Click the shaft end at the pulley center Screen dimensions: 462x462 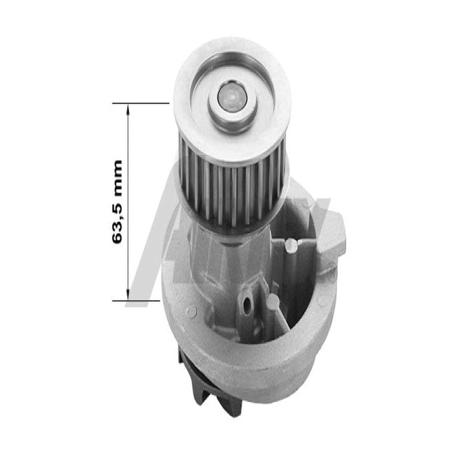(x=230, y=96)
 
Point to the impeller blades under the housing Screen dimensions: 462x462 (x=199, y=381)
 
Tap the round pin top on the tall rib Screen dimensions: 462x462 (x=292, y=246)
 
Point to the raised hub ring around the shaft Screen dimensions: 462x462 (x=231, y=107)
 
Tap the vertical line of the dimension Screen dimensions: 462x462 (x=128, y=202)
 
